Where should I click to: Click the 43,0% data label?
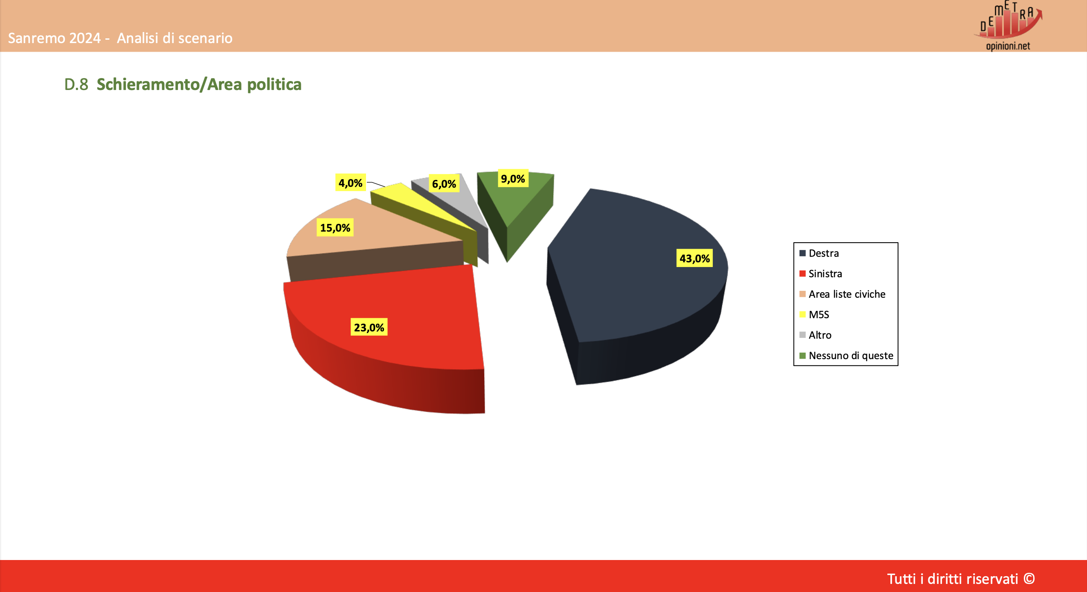(x=695, y=258)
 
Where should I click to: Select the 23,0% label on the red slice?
(x=369, y=328)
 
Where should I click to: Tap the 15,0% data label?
(x=335, y=228)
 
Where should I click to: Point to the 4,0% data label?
(x=350, y=183)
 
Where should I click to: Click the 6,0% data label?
(x=444, y=184)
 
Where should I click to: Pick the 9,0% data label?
(x=513, y=179)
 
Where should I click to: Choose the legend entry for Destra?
(x=819, y=253)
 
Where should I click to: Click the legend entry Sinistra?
(x=821, y=274)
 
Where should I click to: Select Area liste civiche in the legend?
(x=843, y=294)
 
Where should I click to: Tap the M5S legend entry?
(x=814, y=315)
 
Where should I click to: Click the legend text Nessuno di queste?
(x=851, y=356)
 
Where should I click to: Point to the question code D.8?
(x=76, y=84)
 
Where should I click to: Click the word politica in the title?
(x=274, y=85)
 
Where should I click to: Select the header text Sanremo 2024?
(x=54, y=38)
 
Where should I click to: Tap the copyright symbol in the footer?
(x=1029, y=579)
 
